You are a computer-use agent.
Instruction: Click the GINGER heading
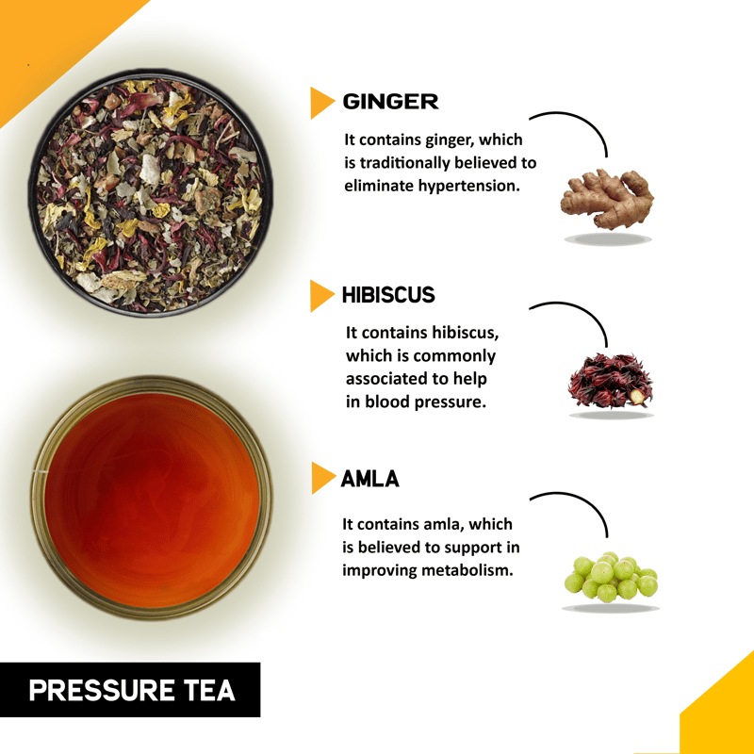point(390,102)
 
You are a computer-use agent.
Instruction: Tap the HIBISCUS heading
point(388,295)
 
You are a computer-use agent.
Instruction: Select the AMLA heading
point(369,479)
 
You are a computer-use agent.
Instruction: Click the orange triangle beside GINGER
point(321,103)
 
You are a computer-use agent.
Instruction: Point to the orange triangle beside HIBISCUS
point(321,296)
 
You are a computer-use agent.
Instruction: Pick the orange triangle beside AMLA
point(322,478)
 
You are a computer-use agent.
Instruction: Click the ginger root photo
point(607,199)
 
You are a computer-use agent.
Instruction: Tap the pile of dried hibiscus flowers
point(611,381)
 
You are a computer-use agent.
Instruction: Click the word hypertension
point(468,186)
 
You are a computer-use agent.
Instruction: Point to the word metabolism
point(467,570)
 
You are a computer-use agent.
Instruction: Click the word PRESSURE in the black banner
point(102,690)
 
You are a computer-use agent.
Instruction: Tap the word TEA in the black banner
point(210,690)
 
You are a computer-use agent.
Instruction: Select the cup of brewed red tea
point(152,499)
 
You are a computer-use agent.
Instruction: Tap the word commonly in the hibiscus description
point(454,356)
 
